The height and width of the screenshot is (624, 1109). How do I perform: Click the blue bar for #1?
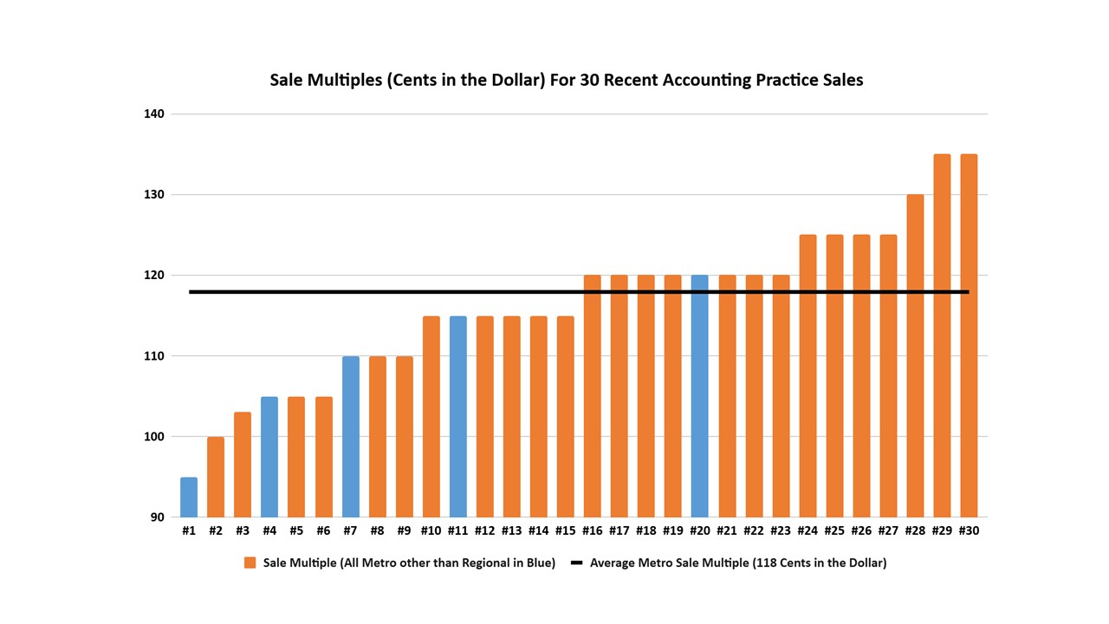[x=189, y=497]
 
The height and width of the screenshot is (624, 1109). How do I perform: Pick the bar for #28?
[x=915, y=356]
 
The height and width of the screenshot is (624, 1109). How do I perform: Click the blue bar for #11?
[x=457, y=417]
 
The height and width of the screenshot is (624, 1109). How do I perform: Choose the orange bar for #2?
[x=216, y=478]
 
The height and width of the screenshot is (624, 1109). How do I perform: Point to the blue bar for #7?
[x=350, y=437]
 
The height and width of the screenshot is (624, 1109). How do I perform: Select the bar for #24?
[x=807, y=376]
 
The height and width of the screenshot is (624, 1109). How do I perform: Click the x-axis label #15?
[x=565, y=530]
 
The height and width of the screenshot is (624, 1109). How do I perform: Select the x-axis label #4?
[x=269, y=530]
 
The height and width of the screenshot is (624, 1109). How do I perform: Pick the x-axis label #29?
[x=942, y=530]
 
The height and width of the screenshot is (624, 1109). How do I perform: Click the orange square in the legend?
[x=250, y=562]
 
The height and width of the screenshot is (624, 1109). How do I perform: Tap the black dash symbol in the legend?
[x=577, y=562]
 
